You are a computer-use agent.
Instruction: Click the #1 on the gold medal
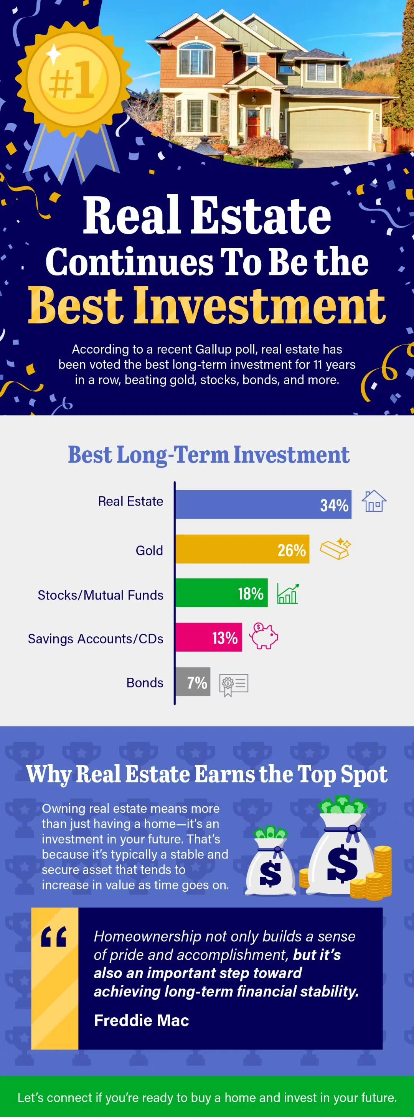pos(71,79)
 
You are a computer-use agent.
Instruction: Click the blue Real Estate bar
pos(264,504)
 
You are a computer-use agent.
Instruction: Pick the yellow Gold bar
pos(242,549)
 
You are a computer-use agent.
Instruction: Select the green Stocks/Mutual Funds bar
pos(221,593)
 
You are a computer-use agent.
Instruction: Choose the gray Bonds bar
pos(193,682)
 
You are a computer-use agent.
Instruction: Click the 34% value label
pos(334,505)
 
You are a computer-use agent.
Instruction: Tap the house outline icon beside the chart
pos(374,501)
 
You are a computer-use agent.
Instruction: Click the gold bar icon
pos(335,549)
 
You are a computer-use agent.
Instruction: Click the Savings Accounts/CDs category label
pos(96,639)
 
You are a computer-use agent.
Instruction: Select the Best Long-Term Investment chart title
pos(208,455)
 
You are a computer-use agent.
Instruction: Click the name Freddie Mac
pos(141,1020)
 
